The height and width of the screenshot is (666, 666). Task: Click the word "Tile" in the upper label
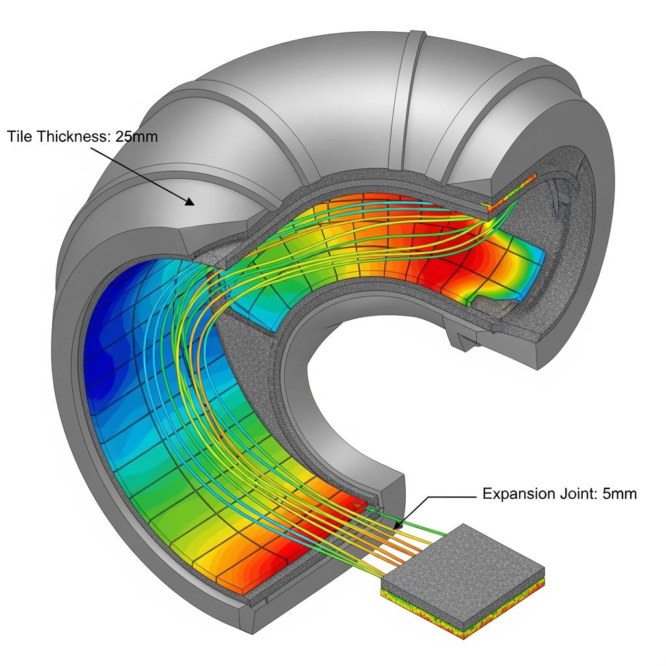(19, 137)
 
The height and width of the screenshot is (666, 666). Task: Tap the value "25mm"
(136, 137)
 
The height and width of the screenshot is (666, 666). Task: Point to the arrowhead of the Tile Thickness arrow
(189, 201)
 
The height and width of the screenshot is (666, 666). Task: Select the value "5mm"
(620, 494)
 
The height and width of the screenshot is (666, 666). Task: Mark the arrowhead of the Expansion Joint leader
(397, 526)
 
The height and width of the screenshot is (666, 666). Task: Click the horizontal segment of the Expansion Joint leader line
(453, 496)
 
